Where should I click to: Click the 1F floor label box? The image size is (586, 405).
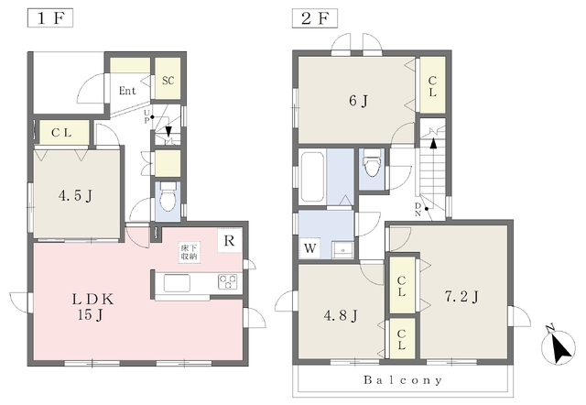click(x=50, y=18)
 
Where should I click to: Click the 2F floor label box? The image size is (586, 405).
click(x=314, y=18)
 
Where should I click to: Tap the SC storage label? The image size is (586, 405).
click(x=168, y=81)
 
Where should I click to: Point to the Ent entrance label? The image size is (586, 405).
click(x=127, y=91)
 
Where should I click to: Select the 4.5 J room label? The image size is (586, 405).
click(x=75, y=195)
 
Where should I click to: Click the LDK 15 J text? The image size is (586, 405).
click(x=92, y=307)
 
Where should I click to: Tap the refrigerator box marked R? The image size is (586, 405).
click(x=230, y=241)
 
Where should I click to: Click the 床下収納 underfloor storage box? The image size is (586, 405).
click(x=190, y=252)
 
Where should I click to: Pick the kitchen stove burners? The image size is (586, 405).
click(x=228, y=281)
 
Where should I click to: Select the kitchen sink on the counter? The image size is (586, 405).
click(x=177, y=283)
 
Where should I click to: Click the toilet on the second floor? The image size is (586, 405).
click(x=372, y=163)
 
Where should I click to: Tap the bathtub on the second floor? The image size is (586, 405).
click(x=312, y=176)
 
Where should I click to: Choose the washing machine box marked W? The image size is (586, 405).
click(x=309, y=247)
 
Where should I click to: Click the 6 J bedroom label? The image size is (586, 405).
click(x=358, y=101)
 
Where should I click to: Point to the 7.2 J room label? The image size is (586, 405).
click(x=461, y=297)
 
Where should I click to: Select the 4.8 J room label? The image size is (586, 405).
click(x=341, y=316)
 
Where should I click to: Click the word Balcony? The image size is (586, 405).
click(x=403, y=380)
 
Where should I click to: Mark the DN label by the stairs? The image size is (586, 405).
click(x=418, y=210)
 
